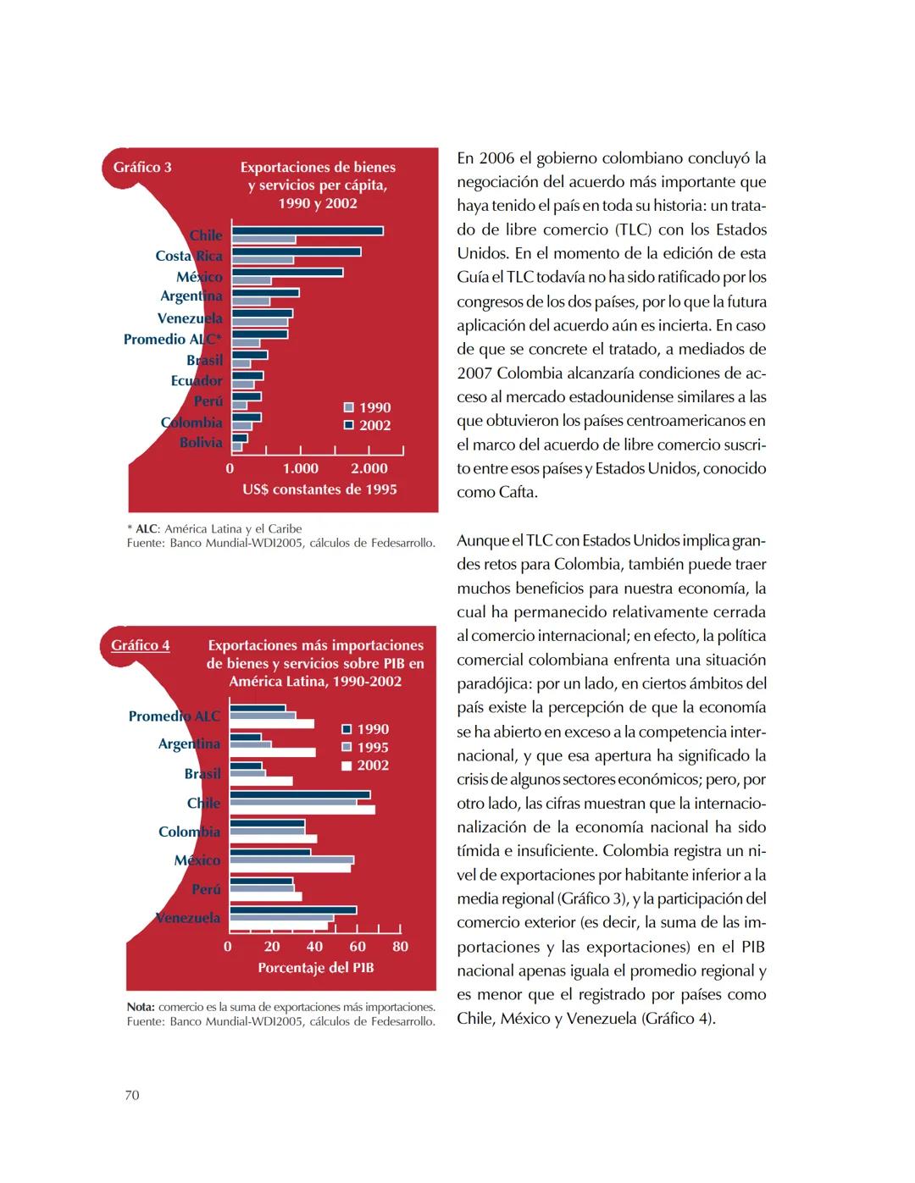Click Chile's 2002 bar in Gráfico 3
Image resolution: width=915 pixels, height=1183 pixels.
[307, 230]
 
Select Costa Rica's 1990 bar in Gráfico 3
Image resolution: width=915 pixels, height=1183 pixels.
[263, 260]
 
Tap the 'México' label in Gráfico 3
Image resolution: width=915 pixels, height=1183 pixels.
[199, 277]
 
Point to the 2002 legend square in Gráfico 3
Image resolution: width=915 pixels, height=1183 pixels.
[348, 425]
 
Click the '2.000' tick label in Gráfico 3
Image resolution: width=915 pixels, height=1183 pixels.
[369, 468]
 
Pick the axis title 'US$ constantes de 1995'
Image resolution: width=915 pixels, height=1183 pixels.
[319, 489]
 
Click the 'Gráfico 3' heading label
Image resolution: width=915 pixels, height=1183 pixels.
[142, 167]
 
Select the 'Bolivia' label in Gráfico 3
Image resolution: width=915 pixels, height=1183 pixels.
[201, 442]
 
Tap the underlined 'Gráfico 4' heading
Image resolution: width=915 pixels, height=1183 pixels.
[141, 645]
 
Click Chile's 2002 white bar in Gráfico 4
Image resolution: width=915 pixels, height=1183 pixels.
[302, 810]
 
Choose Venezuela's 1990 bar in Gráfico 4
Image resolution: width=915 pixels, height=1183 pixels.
[293, 910]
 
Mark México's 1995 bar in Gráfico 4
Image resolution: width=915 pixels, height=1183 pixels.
[292, 860]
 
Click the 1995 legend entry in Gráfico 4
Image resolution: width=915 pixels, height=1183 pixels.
[364, 747]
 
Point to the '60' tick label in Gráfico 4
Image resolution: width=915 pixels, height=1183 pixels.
[358, 946]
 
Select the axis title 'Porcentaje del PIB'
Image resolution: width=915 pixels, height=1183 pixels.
[315, 967]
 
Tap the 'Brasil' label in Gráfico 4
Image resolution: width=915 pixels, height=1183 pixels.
[202, 773]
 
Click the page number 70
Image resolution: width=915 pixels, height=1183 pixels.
[132, 1095]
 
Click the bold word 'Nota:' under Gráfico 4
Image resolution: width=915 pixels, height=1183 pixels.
[141, 1007]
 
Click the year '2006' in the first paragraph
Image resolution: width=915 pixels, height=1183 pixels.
[496, 158]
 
